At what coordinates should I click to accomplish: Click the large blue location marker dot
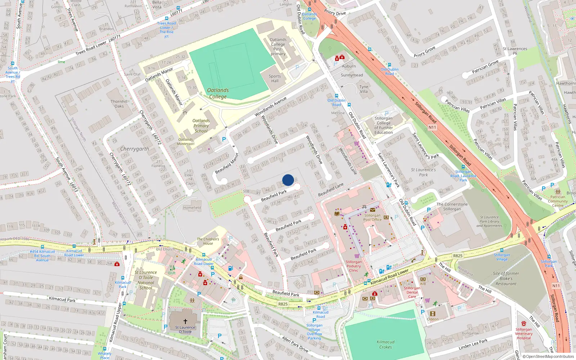[x=288, y=180]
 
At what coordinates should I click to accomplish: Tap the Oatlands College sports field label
[x=218, y=93]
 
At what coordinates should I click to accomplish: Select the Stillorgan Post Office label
[x=372, y=217]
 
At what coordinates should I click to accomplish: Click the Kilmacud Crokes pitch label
[x=386, y=345]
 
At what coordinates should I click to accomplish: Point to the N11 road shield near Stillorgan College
[x=432, y=127]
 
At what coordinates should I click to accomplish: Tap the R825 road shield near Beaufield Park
[x=283, y=304]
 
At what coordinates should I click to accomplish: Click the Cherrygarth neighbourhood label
[x=134, y=149]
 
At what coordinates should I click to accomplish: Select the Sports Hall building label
[x=275, y=78]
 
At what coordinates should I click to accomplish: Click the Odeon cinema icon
[x=433, y=314]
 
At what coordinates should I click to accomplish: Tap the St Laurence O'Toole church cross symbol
[x=185, y=321]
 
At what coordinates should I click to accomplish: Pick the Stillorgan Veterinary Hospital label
[x=523, y=334]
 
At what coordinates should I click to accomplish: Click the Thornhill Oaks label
[x=119, y=104]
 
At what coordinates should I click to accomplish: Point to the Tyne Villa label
[x=364, y=89]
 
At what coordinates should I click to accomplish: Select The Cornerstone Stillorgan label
[x=452, y=207]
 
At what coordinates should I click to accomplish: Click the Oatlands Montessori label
[x=186, y=141]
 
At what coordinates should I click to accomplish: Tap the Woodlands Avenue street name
[x=270, y=107]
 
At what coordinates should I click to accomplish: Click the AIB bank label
[x=423, y=284]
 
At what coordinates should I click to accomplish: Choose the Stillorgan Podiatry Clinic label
[x=354, y=266]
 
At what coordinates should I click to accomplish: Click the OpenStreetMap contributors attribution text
[x=550, y=357]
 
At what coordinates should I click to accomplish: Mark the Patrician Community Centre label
[x=558, y=201]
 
